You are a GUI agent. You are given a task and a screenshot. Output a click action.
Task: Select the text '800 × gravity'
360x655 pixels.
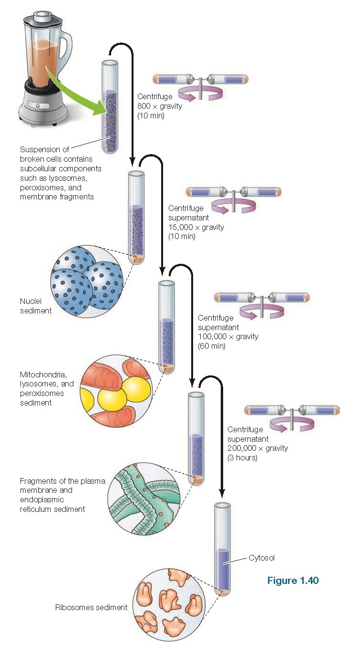point(159,106)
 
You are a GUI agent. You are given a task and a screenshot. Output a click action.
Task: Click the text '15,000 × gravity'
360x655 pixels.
point(196,227)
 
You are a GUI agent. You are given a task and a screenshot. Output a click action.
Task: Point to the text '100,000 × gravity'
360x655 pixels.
point(228,337)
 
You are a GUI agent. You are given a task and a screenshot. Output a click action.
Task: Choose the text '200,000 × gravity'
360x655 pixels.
point(257,448)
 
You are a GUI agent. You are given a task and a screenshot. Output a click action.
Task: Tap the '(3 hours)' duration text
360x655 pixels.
point(242,457)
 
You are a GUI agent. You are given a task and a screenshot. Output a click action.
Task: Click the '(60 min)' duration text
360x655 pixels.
point(211,346)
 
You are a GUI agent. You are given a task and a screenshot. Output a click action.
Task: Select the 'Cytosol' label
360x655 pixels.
point(262,558)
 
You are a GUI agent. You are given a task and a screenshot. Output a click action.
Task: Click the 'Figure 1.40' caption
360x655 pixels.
point(292,581)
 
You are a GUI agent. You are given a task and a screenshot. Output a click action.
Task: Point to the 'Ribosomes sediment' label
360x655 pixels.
point(91,607)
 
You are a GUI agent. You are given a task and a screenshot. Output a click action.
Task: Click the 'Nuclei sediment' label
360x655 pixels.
point(36,306)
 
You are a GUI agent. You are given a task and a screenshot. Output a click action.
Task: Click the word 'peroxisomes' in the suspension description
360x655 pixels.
point(41,187)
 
